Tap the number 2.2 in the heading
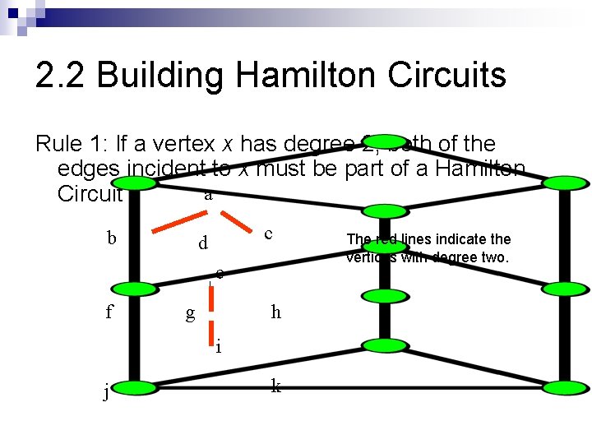pyautogui.click(x=61, y=76)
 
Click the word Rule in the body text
pyautogui.click(x=61, y=144)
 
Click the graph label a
pyautogui.click(x=208, y=196)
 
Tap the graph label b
pyautogui.click(x=112, y=238)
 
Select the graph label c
pyautogui.click(x=268, y=234)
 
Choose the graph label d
pyautogui.click(x=202, y=244)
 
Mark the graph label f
pyautogui.click(x=109, y=312)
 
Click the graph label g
pyautogui.click(x=191, y=312)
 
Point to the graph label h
pyautogui.click(x=275, y=312)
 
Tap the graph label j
pyautogui.click(x=106, y=392)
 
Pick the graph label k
pyautogui.click(x=275, y=386)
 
